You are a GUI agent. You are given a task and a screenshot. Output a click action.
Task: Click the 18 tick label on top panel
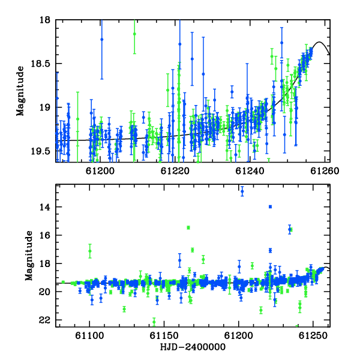[45, 20]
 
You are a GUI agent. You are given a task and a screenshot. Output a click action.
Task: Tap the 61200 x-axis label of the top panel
[100, 171]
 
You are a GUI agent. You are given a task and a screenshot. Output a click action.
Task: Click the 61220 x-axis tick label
[175, 171]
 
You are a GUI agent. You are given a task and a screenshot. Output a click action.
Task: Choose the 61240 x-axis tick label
[250, 171]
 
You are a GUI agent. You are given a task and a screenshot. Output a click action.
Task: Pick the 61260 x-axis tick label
[325, 171]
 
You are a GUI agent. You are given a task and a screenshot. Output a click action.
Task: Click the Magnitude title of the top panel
[20, 91]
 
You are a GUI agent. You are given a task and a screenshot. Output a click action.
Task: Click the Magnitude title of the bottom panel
[29, 256]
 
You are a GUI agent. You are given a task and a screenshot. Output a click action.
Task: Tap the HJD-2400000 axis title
[193, 347]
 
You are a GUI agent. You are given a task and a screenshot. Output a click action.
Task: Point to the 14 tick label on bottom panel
[45, 208]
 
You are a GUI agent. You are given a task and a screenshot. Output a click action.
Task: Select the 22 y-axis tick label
[45, 320]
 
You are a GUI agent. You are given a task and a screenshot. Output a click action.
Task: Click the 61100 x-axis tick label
[89, 336]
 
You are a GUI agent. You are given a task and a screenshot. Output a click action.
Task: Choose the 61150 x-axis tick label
[164, 336]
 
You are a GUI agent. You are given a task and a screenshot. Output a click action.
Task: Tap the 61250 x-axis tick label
[313, 336]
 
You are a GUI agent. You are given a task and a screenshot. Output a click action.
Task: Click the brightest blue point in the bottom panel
[242, 191]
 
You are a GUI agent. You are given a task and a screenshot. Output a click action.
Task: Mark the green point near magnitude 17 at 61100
[90, 251]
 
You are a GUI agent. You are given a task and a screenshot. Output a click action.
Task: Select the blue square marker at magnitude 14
[270, 206]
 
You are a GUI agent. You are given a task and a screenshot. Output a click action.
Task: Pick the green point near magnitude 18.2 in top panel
[134, 34]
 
